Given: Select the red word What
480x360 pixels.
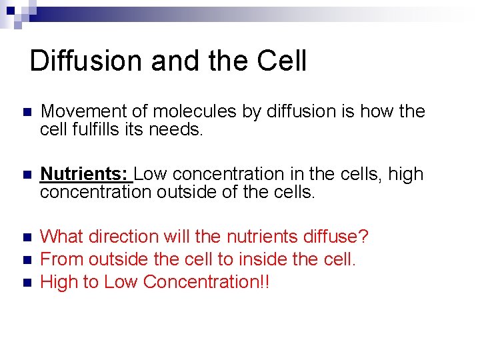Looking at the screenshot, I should point(61,237).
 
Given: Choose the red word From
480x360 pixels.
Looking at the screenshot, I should point(62,259).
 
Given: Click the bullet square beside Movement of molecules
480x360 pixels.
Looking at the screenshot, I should point(27,112).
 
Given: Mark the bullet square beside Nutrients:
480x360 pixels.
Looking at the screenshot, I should point(27,175).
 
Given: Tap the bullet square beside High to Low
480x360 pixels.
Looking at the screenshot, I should point(27,283).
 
